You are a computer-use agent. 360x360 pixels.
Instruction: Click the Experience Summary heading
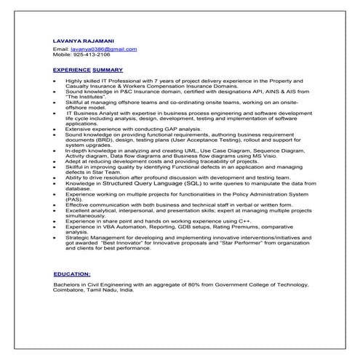coord(82,69)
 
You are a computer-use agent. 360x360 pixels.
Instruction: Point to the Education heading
coord(72,274)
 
